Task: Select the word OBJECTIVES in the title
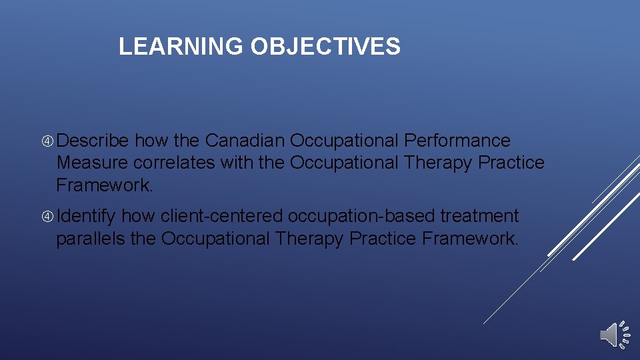325,47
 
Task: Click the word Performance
457,141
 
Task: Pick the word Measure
92,163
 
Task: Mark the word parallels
90,238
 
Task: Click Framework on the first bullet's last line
104,185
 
